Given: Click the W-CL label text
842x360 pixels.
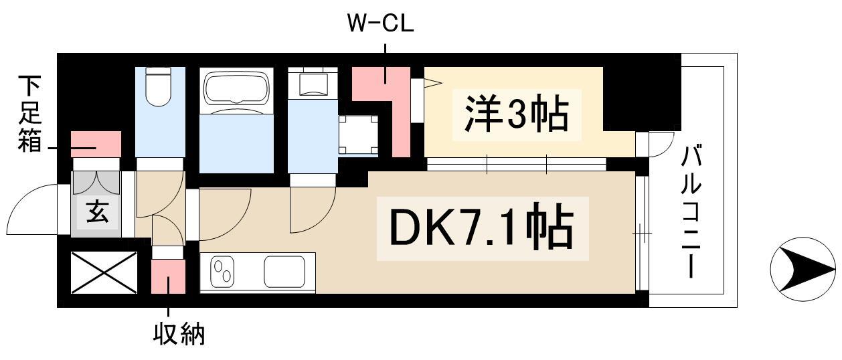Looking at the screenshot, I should coord(380,23).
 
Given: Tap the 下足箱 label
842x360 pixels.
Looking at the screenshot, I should coord(29,114).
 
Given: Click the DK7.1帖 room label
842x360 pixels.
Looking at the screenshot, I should coord(482,229).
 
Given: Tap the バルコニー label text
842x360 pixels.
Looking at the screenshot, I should coord(691,213).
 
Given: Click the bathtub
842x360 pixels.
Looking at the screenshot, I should coord(237,90).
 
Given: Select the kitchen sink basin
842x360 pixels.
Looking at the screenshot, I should coord(288,271).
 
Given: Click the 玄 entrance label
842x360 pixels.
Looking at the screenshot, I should coord(96,214).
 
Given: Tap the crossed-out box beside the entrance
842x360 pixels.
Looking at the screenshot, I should coord(104,272).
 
